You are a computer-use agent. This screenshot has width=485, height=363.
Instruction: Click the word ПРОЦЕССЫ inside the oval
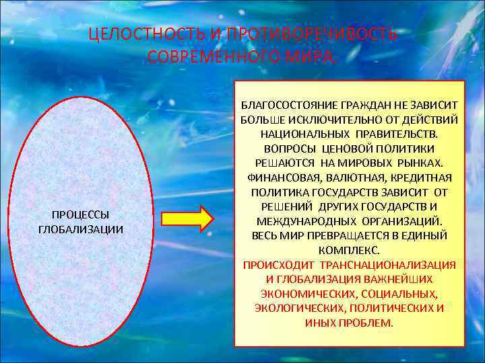[81, 214]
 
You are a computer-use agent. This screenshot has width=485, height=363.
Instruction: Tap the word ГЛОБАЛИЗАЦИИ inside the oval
[81, 229]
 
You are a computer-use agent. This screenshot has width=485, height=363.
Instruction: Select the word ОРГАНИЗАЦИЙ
[404, 221]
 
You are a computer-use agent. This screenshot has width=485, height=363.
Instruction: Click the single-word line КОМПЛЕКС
[349, 250]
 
